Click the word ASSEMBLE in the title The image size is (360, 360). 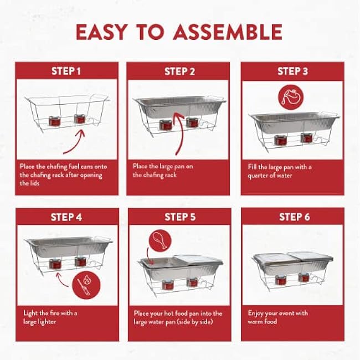coord(228,32)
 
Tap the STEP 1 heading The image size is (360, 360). coord(66,71)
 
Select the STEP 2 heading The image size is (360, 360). coord(179,71)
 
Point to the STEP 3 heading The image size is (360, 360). coord(292,71)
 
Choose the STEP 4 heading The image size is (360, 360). coord(66,217)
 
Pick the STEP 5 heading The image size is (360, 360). coord(180,217)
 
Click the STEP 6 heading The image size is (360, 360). coord(294,217)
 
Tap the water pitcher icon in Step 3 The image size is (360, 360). coord(291,97)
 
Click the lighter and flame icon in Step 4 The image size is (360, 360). coord(86,285)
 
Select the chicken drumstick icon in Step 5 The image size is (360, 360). coord(160,241)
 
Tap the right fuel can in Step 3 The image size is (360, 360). coord(306,137)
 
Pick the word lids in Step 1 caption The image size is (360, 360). coord(34,183)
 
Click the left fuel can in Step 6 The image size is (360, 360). coord(280,280)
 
